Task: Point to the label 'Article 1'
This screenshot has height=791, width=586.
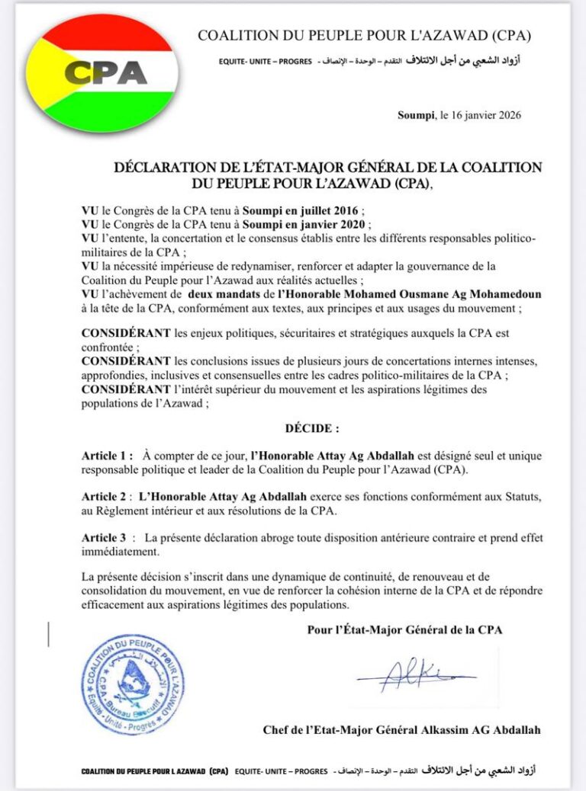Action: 108,455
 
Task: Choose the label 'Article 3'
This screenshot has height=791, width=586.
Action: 106,538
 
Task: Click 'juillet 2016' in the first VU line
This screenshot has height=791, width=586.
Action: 323,210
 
